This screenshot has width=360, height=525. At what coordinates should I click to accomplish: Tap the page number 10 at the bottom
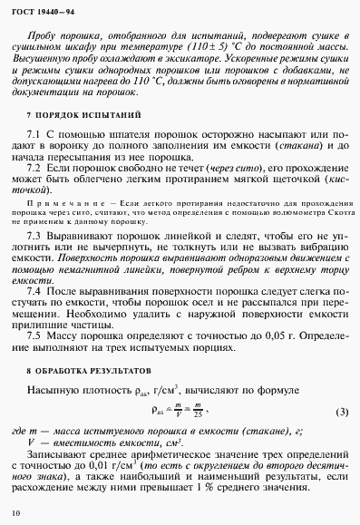click(x=15, y=514)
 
